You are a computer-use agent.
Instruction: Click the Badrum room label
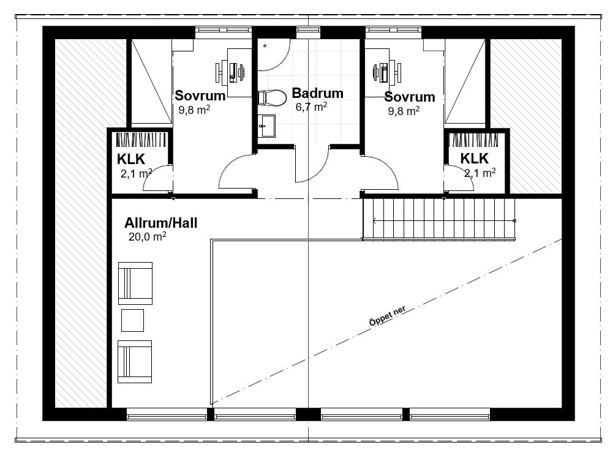(317, 93)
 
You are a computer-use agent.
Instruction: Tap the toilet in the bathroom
(272, 98)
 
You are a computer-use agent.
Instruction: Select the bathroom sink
(266, 125)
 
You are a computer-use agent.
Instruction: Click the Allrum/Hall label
(160, 223)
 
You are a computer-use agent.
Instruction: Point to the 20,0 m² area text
(148, 236)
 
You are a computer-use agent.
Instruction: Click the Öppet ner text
(388, 316)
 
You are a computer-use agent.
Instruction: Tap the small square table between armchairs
(133, 320)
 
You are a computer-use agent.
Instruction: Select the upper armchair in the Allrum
(135, 283)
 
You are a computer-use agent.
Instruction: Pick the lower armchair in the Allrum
(135, 362)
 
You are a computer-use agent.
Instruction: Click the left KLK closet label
(131, 159)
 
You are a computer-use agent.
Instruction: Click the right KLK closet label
(475, 159)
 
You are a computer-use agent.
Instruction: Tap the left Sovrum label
(200, 95)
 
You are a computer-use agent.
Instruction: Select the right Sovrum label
(410, 97)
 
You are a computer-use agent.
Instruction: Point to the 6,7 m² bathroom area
(311, 107)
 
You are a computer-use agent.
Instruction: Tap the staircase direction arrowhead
(375, 221)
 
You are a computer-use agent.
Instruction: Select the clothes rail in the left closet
(142, 140)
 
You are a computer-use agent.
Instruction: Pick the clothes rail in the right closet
(474, 140)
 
